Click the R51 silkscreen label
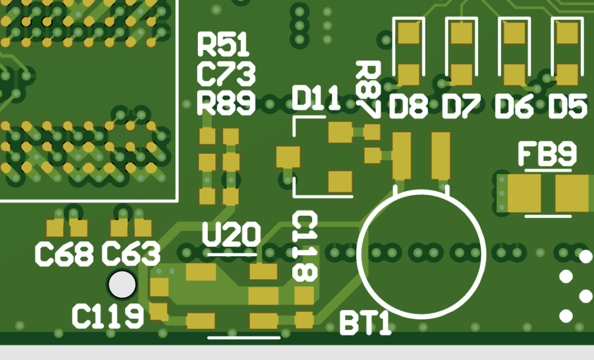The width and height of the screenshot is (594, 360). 223,45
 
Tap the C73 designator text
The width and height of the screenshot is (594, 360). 226,74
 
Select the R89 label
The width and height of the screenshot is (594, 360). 226,103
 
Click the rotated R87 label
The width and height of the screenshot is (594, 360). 369,89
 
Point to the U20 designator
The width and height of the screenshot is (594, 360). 231,235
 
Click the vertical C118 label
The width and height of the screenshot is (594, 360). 305,246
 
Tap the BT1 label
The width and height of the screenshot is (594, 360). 365,323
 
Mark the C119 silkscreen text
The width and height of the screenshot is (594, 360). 107,316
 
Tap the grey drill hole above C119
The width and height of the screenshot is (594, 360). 122,285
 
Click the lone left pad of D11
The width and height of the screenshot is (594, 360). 288,157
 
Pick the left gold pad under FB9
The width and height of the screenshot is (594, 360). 524,193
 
